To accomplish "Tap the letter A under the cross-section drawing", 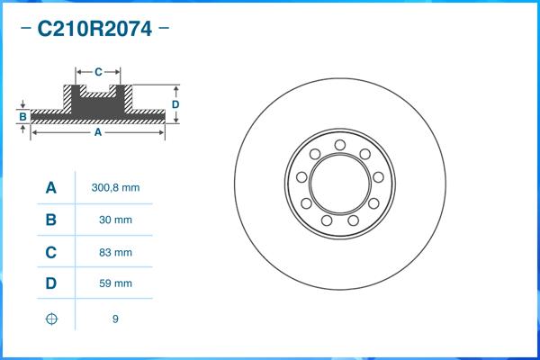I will (x=97, y=132).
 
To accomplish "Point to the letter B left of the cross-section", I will (x=22, y=116).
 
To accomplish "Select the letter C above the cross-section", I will (x=98, y=70).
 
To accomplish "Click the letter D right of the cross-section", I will (x=176, y=104).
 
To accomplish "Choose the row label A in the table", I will (x=51, y=188).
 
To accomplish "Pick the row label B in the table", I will (x=51, y=220).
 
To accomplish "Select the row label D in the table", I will (x=51, y=283).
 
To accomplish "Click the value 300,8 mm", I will (x=115, y=188).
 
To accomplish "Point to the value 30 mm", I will (x=115, y=220).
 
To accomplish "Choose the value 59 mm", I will (x=115, y=283).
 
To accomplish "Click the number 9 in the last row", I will (x=115, y=319).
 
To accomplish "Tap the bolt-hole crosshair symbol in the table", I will (x=51, y=319).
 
